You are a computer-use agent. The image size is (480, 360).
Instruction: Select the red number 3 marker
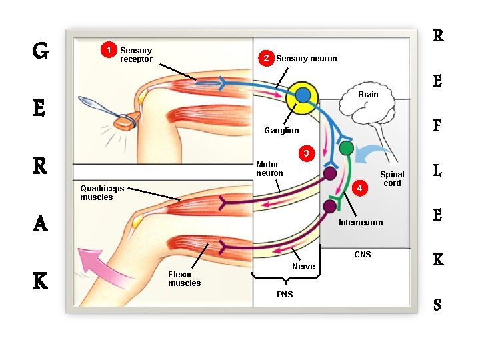click(x=306, y=154)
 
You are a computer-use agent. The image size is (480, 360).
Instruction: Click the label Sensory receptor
click(x=136, y=55)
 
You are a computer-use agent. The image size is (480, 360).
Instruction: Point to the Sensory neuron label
click(x=307, y=59)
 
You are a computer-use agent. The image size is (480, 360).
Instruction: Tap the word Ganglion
click(x=281, y=131)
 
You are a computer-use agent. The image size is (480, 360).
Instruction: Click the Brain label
click(x=368, y=95)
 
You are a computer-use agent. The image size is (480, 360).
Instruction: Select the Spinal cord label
click(x=392, y=179)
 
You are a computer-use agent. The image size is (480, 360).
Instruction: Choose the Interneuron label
click(x=361, y=223)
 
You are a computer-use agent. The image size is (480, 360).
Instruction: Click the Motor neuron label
click(x=269, y=169)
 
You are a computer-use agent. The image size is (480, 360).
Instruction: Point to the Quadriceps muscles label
click(x=101, y=193)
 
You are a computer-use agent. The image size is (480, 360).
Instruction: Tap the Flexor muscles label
click(x=184, y=279)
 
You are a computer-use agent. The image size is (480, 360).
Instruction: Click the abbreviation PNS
click(x=284, y=295)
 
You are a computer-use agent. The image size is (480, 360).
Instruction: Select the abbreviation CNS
click(x=363, y=255)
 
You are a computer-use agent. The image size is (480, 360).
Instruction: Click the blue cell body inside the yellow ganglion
click(x=303, y=95)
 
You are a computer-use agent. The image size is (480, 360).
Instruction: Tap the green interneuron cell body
click(x=346, y=148)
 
